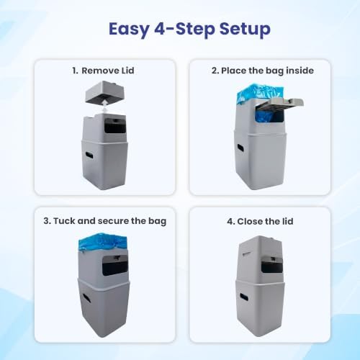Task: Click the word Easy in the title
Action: pyautogui.click(x=129, y=30)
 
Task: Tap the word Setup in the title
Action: pyautogui.click(x=245, y=30)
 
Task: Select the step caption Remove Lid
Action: pyautogui.click(x=108, y=71)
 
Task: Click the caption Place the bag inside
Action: pyautogui.click(x=267, y=71)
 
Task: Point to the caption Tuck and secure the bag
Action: pyautogui.click(x=109, y=221)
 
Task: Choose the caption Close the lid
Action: pyautogui.click(x=265, y=221)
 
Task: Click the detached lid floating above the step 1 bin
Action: pyautogui.click(x=105, y=92)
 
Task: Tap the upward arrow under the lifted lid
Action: pyautogui.click(x=105, y=107)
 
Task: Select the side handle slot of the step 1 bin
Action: pyautogui.click(x=89, y=154)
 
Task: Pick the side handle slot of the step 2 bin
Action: pyautogui.click(x=240, y=148)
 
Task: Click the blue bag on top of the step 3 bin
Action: pyautogui.click(x=103, y=242)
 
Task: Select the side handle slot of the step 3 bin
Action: pyautogui.click(x=85, y=297)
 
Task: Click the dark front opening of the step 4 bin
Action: pyautogui.click(x=272, y=265)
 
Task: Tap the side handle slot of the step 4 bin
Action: pyautogui.click(x=244, y=297)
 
